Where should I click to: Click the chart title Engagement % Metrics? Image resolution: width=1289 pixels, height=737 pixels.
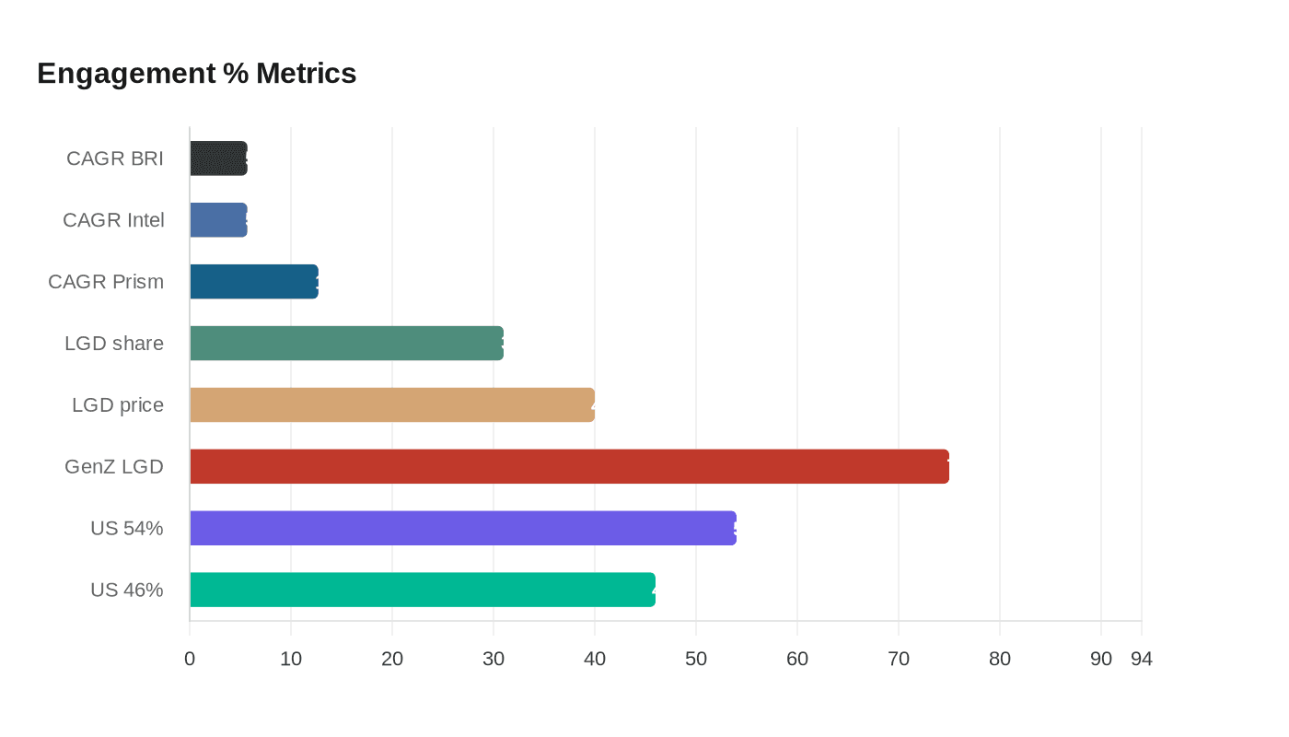pyautogui.click(x=196, y=73)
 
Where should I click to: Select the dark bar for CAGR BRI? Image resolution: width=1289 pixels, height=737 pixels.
pyautogui.click(x=218, y=158)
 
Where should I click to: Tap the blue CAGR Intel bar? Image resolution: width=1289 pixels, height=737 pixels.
pyautogui.click(x=218, y=220)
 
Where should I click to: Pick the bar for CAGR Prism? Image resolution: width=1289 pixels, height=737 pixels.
pyautogui.click(x=253, y=282)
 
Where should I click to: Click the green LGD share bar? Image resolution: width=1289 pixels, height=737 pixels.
pyautogui.click(x=346, y=344)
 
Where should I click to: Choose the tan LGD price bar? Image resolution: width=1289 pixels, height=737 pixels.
pyautogui.click(x=391, y=405)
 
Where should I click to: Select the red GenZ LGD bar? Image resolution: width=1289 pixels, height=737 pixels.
pyautogui.click(x=569, y=467)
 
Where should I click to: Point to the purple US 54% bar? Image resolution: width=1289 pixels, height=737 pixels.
pyautogui.click(x=462, y=529)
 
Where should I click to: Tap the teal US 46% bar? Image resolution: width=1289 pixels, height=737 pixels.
pyautogui.click(x=422, y=591)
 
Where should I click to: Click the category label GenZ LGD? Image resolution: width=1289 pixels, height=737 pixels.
pyautogui.click(x=114, y=467)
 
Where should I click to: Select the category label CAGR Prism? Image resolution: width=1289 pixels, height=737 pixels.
pyautogui.click(x=106, y=282)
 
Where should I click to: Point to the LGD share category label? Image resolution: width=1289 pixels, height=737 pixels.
pyautogui.click(x=114, y=344)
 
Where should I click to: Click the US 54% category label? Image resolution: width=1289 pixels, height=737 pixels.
pyautogui.click(x=126, y=529)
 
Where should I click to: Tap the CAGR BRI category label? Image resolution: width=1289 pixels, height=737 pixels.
pyautogui.click(x=115, y=158)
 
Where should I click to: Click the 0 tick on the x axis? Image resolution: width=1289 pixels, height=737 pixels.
pyautogui.click(x=190, y=660)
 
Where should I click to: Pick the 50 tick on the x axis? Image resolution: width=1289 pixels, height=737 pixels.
pyautogui.click(x=696, y=660)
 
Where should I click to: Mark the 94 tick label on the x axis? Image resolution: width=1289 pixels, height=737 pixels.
pyautogui.click(x=1142, y=660)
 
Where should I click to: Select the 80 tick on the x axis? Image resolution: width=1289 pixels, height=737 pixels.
pyautogui.click(x=1000, y=660)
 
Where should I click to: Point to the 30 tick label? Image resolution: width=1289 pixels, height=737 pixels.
pyautogui.click(x=494, y=660)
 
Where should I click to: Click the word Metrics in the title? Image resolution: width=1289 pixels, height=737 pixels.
pyautogui.click(x=306, y=73)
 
